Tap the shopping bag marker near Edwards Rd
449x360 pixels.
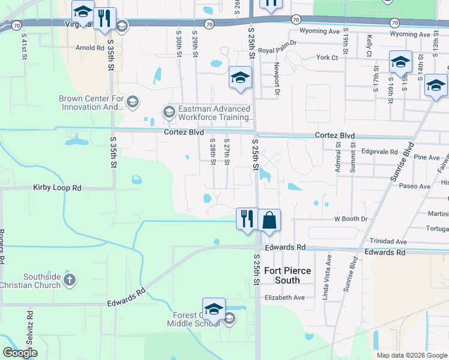pos(270,220)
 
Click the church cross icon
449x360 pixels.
pos(70,280)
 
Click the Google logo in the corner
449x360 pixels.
pos(20,353)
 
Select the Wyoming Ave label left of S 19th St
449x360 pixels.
pos(315,31)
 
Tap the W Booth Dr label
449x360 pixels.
pos(351,219)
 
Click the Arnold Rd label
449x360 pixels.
pos(89,47)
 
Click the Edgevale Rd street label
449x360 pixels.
pos(381,152)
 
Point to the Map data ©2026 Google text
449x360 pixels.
pos(411,355)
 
